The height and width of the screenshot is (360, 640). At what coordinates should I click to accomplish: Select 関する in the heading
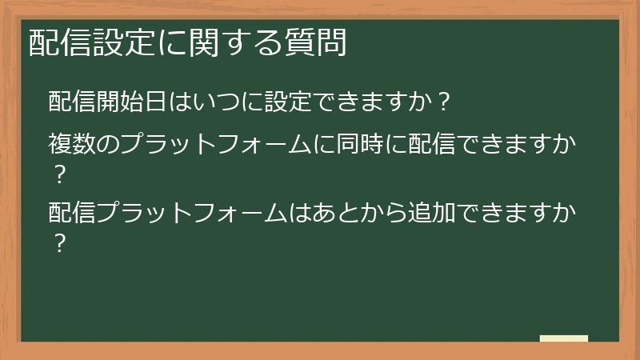(x=230, y=42)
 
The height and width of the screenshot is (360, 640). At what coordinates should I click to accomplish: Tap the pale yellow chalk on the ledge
(x=564, y=339)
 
